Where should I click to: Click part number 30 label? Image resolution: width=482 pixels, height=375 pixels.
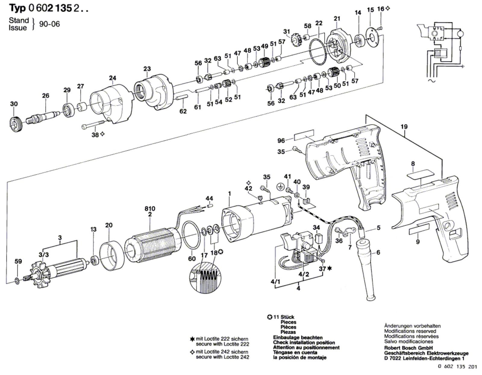[14, 104]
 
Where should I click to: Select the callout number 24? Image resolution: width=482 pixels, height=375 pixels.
[112, 78]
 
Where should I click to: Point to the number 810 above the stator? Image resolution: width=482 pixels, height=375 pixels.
[150, 208]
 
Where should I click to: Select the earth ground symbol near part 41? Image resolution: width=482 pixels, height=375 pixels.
[280, 187]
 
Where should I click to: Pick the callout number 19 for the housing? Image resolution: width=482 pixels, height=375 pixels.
[404, 127]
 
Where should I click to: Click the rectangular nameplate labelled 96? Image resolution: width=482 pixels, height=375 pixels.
[304, 136]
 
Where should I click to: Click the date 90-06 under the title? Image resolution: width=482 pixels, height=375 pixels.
[49, 24]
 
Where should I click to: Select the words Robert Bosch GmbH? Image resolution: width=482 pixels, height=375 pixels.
[408, 348]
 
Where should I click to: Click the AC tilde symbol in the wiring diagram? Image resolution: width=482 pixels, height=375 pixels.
[433, 81]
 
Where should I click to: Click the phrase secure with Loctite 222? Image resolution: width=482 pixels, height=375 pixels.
[222, 344]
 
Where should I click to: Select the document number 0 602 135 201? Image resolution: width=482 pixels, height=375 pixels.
[457, 367]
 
